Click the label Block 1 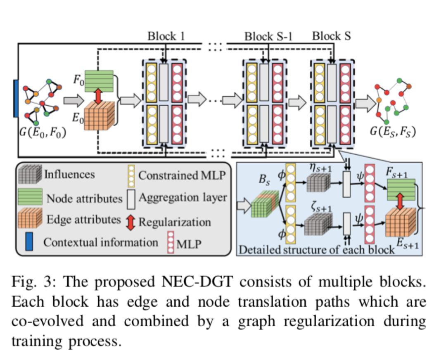tap(166, 36)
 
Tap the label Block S tap(331, 36)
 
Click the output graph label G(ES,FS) tap(393, 132)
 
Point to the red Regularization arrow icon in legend tap(130, 222)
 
